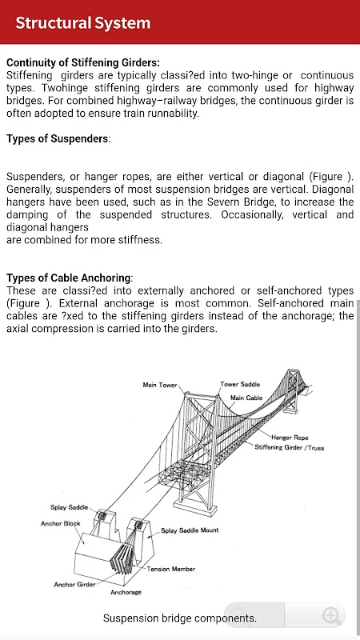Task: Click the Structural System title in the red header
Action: click(83, 23)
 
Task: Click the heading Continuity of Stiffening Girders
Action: click(83, 63)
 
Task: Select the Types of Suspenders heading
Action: click(58, 138)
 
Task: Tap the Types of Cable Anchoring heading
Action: click(70, 278)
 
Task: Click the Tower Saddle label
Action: click(240, 384)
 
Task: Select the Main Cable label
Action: click(246, 398)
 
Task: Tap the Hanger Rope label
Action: click(290, 438)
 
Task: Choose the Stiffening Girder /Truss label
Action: click(289, 448)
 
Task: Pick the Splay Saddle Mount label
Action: click(190, 530)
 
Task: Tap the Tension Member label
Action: click(171, 569)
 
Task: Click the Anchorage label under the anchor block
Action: click(126, 592)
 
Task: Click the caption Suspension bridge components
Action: click(180, 618)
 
